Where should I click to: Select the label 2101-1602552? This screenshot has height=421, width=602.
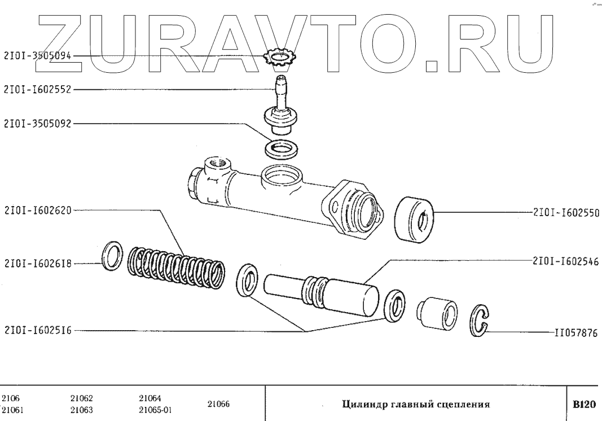pos(38,89)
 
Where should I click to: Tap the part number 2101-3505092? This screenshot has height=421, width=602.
pos(38,124)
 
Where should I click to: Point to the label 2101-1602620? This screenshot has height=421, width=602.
pos(38,209)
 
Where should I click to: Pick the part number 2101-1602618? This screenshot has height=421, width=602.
pos(38,263)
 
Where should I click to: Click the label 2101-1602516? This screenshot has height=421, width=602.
pos(38,331)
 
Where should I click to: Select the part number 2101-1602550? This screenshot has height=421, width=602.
pos(564,213)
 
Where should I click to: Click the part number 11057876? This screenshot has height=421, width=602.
pos(573,333)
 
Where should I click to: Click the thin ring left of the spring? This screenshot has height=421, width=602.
pos(112,255)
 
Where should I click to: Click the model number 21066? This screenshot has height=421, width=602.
pos(219,404)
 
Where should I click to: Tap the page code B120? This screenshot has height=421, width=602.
pos(584,404)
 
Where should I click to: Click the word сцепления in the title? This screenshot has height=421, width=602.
pos(463,404)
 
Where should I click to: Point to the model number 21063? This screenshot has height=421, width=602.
pos(82,410)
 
